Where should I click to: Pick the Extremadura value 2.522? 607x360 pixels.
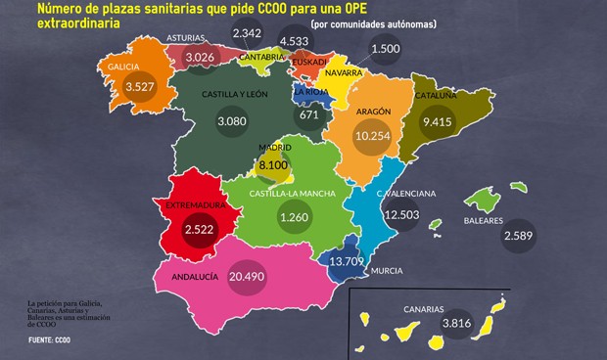point(202,228)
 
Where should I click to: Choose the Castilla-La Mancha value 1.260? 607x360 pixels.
point(293,217)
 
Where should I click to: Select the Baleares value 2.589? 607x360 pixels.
point(519,236)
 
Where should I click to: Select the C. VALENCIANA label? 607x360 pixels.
point(406,194)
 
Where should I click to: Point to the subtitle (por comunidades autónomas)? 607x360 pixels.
point(387,23)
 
